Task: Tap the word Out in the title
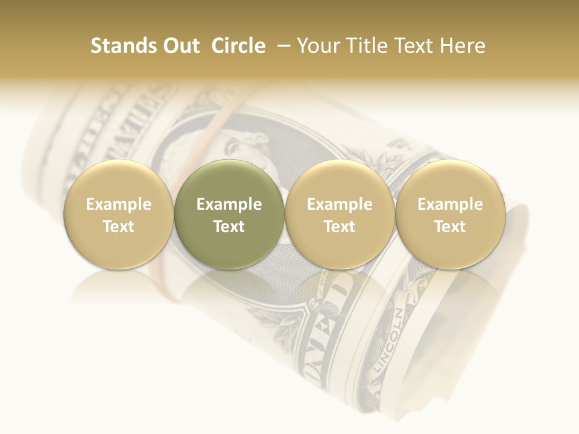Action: point(180,46)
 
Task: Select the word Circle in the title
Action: point(238,46)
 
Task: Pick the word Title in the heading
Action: point(367,46)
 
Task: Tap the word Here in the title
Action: point(463,46)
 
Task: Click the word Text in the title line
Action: point(414,46)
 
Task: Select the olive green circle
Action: point(229,214)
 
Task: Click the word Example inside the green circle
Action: point(229,204)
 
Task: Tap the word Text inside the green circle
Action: point(229,227)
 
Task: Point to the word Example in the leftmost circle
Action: point(119,204)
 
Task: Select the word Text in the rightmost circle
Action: point(450,227)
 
